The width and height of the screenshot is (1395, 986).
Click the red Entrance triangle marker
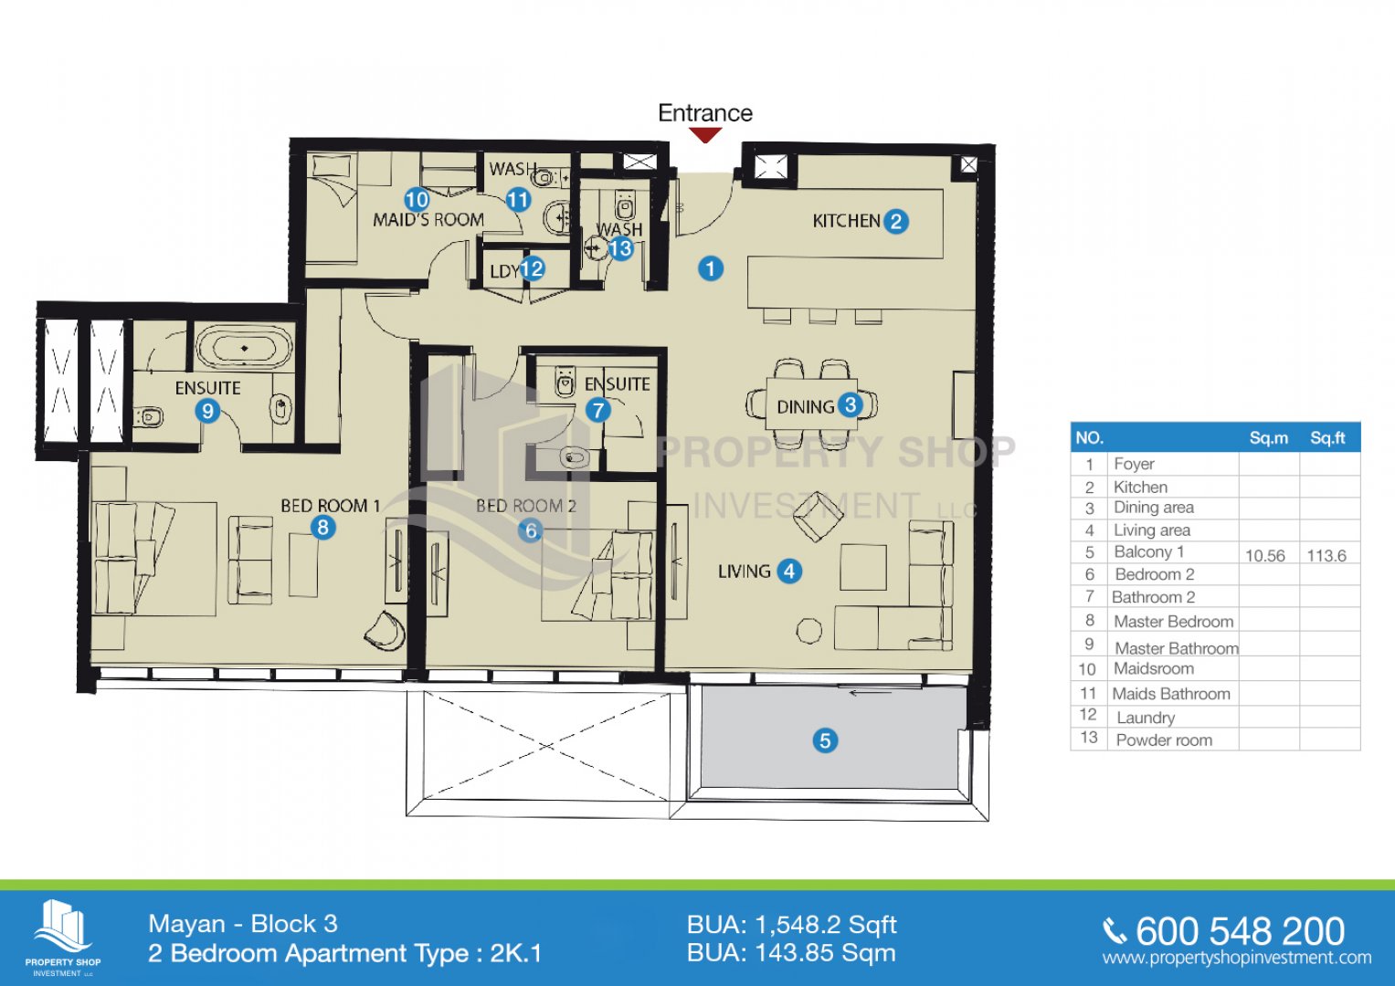[705, 134]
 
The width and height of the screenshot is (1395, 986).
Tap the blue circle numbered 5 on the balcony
[825, 740]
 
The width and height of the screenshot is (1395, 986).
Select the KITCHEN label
[846, 221]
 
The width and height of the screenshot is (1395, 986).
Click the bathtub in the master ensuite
[244, 349]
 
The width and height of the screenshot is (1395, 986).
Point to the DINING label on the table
[806, 407]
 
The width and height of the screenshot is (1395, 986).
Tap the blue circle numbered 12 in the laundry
[532, 269]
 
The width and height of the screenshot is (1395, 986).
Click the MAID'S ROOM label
[428, 220]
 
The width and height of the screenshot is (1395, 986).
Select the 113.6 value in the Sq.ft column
[1326, 556]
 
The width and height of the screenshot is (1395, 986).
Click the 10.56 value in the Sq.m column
[1265, 556]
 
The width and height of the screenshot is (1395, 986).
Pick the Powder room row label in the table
[1164, 740]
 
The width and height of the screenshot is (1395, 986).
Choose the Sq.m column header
[1269, 438]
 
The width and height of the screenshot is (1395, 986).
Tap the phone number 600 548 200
[1240, 931]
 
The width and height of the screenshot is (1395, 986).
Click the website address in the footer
[1237, 958]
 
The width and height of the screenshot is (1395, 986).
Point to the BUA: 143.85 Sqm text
[791, 953]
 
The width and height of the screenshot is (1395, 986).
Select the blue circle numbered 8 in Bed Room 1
[322, 528]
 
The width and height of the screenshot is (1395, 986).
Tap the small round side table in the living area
[809, 631]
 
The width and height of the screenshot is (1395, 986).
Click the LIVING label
[745, 572]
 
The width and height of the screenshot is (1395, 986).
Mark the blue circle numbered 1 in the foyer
[711, 269]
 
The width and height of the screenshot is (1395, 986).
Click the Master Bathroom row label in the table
[1177, 648]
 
